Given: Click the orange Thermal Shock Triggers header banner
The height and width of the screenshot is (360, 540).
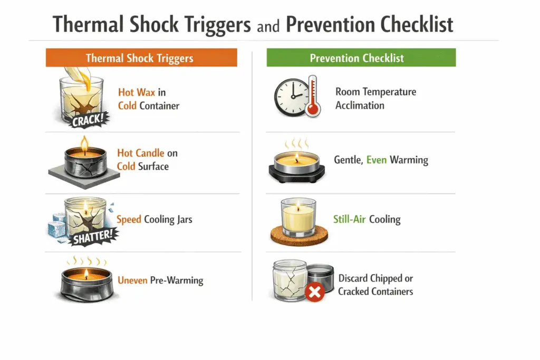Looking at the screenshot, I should [141, 58].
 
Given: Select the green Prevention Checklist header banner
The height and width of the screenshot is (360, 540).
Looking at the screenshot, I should [361, 58].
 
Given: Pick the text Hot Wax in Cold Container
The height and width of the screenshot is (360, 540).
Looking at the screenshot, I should [148, 99].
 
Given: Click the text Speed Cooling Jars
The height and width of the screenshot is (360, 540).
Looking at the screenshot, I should [154, 219].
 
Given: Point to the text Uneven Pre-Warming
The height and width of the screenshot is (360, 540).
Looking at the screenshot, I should [160, 279].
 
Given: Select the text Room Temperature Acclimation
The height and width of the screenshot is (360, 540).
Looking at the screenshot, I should [375, 99].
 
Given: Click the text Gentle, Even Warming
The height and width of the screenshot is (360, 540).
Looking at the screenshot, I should [381, 159].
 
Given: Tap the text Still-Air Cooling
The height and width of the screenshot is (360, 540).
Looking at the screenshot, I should [367, 219].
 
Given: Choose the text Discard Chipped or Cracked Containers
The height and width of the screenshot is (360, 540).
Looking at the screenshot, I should [375, 285].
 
